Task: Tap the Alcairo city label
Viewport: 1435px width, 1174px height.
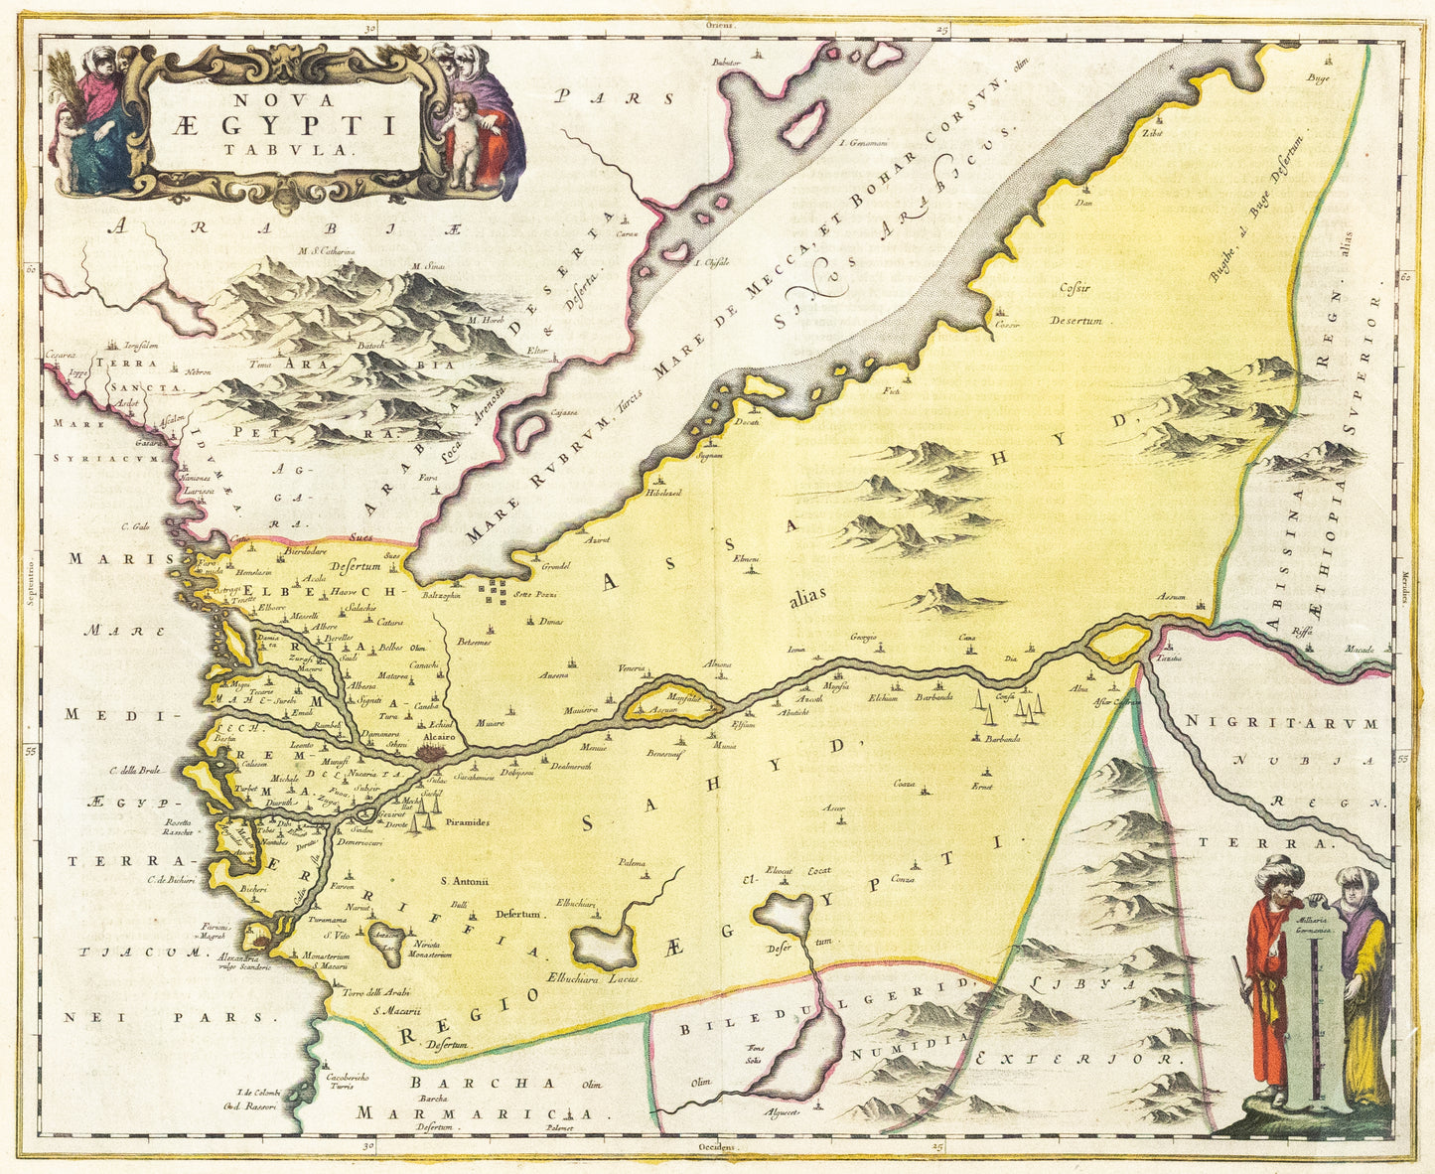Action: [438, 739]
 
